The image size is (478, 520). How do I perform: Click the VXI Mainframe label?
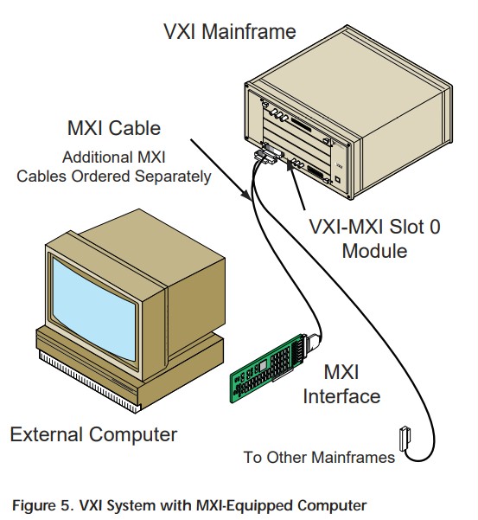pyautogui.click(x=230, y=32)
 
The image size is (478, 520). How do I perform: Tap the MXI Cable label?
pyautogui.click(x=114, y=128)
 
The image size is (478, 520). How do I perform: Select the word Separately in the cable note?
pyautogui.click(x=173, y=177)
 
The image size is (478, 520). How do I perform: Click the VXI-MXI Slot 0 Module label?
pyautogui.click(x=374, y=238)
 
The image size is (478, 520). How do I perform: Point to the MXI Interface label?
pyautogui.click(x=341, y=384)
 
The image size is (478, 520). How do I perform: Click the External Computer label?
pyautogui.click(x=93, y=434)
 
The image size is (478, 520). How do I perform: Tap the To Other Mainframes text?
pyautogui.click(x=319, y=458)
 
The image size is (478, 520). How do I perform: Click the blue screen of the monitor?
pyautogui.click(x=94, y=308)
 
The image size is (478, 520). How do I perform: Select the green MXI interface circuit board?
pyautogui.click(x=266, y=368)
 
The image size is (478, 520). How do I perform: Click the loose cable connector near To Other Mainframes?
pyautogui.click(x=405, y=439)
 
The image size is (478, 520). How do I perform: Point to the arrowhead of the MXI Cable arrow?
pyautogui.click(x=247, y=196)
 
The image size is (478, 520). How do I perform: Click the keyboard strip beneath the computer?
pyautogui.click(x=88, y=382)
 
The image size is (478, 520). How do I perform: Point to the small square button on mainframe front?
pyautogui.click(x=337, y=179)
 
